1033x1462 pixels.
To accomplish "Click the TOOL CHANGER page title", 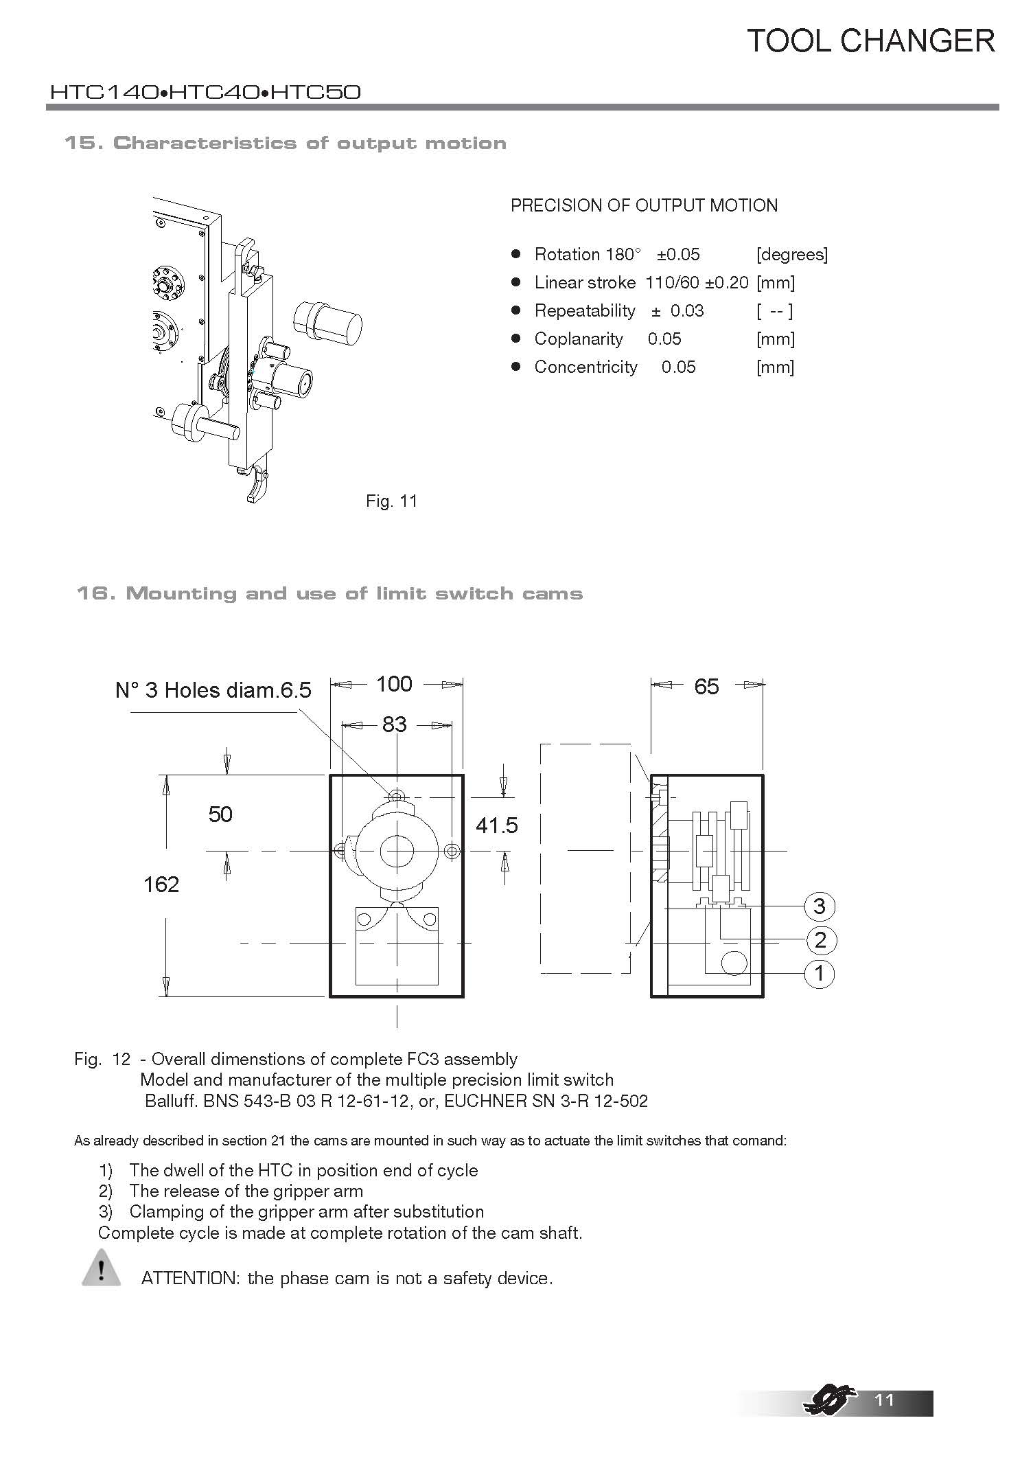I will (870, 41).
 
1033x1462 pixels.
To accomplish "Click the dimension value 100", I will (394, 684).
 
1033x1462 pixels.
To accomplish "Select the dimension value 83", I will (395, 724).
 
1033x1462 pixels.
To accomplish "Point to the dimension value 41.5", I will (497, 825).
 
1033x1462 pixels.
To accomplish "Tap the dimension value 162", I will (161, 884).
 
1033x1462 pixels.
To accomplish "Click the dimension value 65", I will (706, 686).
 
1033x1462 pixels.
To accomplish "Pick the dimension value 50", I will (220, 814).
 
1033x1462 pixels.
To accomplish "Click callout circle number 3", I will (819, 906).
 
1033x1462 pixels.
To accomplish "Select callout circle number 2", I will (820, 940).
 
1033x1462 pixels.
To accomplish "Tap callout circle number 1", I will (819, 973).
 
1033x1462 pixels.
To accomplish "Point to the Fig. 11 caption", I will (391, 501).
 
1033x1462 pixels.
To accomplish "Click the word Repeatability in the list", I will (585, 311).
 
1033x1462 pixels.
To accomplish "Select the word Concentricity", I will (585, 367).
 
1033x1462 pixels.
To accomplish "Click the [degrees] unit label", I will (791, 255).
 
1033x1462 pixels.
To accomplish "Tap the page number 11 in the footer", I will (885, 1400).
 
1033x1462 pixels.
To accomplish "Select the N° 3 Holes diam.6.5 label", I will (213, 690).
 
